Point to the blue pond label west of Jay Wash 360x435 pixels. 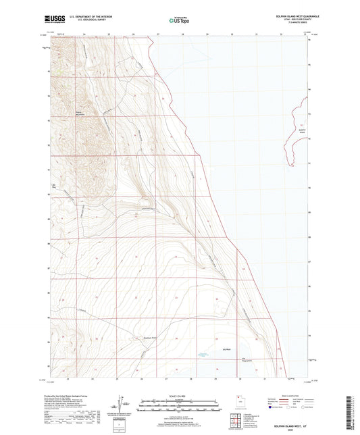pyautogui.click(x=201, y=354)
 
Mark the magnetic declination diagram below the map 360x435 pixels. pyautogui.click(x=125, y=405)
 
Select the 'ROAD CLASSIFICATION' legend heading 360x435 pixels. pyautogui.click(x=293, y=396)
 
